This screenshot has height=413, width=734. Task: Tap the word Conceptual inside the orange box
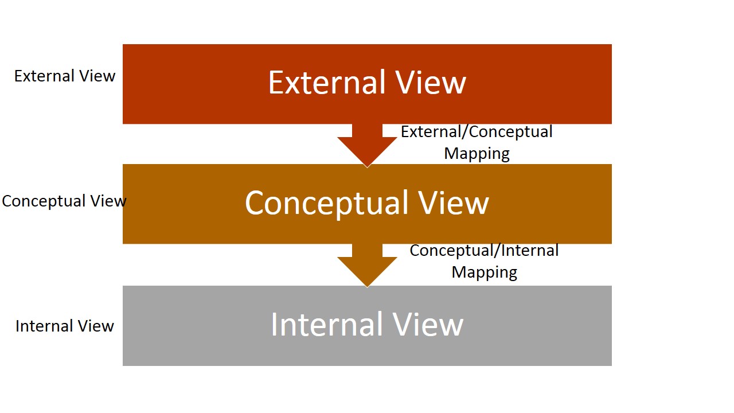point(323,203)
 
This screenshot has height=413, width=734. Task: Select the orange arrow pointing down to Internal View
point(367,265)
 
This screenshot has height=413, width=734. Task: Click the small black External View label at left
point(65,76)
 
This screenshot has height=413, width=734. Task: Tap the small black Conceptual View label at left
point(64,201)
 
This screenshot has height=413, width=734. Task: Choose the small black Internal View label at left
point(65,326)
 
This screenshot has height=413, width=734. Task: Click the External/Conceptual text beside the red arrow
point(477,132)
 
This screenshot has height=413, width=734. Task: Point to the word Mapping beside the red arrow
point(477,154)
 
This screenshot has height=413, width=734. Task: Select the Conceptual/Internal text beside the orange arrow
point(484,251)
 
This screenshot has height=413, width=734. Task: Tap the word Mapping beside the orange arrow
point(484,272)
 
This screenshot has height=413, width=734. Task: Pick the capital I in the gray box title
point(275,324)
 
